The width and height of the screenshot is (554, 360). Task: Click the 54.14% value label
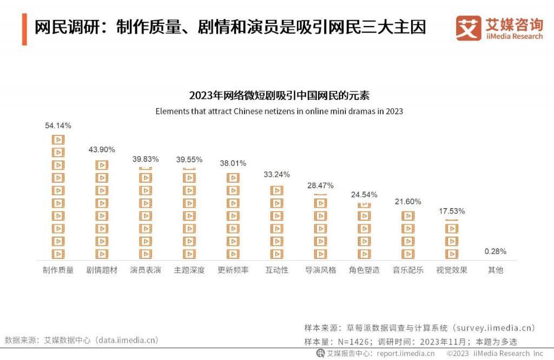[x=58, y=125]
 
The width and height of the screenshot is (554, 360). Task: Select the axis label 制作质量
[x=58, y=270]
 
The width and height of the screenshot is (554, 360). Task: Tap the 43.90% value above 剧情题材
[x=102, y=150]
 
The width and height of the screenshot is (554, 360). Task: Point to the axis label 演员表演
[x=146, y=270]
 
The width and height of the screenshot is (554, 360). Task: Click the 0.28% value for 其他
[x=495, y=251]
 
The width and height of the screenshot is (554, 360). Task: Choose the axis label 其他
[x=495, y=270]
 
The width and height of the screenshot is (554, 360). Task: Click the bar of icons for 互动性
[x=276, y=222]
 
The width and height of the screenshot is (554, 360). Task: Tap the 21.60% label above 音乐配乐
[x=408, y=202]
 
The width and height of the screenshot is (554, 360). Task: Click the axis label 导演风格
[x=320, y=270]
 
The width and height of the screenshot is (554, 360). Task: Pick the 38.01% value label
[x=233, y=163]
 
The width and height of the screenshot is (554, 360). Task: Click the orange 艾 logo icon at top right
[x=468, y=28]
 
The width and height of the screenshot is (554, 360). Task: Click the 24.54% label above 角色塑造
[x=364, y=195]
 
